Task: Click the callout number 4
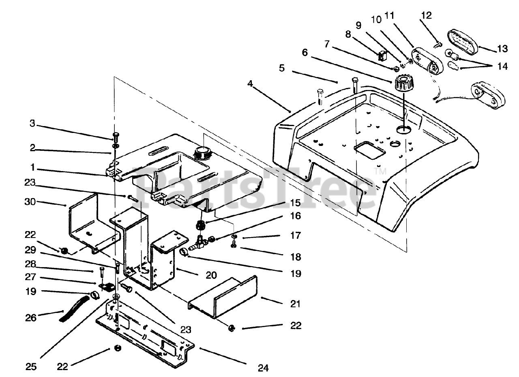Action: tap(250, 84)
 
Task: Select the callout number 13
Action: tap(502, 49)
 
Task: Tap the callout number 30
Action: tap(30, 202)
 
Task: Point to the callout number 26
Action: tap(31, 318)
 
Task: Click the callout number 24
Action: tap(263, 368)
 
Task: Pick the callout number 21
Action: tap(295, 304)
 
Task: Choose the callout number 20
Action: tap(211, 275)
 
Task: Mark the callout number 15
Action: tap(295, 203)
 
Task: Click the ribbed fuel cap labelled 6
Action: tap(402, 83)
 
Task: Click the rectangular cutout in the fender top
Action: tap(369, 150)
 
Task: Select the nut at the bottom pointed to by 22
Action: tap(118, 348)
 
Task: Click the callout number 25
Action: tap(31, 366)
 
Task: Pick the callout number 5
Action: tap(282, 68)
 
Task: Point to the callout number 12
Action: tap(426, 15)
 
